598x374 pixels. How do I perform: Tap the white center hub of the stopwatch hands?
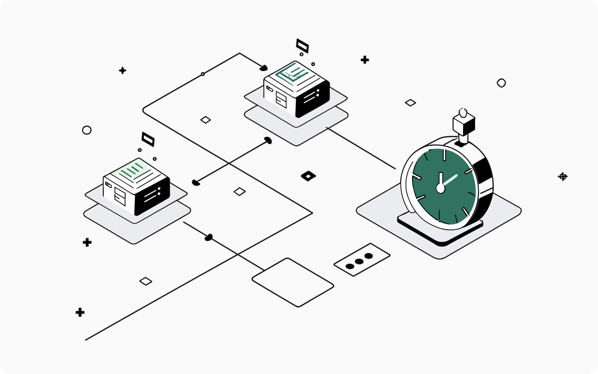point(440,187)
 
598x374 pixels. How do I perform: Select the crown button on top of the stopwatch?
point(463,122)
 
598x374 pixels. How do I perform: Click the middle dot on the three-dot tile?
point(359,261)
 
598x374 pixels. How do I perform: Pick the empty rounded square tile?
point(293,282)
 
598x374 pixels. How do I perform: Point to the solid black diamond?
point(308,176)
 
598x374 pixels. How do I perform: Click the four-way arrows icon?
point(563,176)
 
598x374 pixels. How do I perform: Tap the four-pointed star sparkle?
point(122,71)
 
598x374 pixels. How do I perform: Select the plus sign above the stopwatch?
point(365,59)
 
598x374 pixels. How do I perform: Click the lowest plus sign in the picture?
point(80,312)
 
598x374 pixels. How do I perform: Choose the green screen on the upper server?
point(292,72)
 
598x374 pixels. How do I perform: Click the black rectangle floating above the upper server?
point(302,46)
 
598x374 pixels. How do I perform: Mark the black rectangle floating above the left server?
point(148,139)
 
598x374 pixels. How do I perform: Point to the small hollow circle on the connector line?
point(203,74)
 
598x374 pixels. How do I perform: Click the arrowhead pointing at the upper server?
point(263,68)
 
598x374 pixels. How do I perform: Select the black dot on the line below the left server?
point(209,237)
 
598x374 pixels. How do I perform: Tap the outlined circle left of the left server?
point(86,130)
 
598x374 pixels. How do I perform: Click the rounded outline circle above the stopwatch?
point(501,83)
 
